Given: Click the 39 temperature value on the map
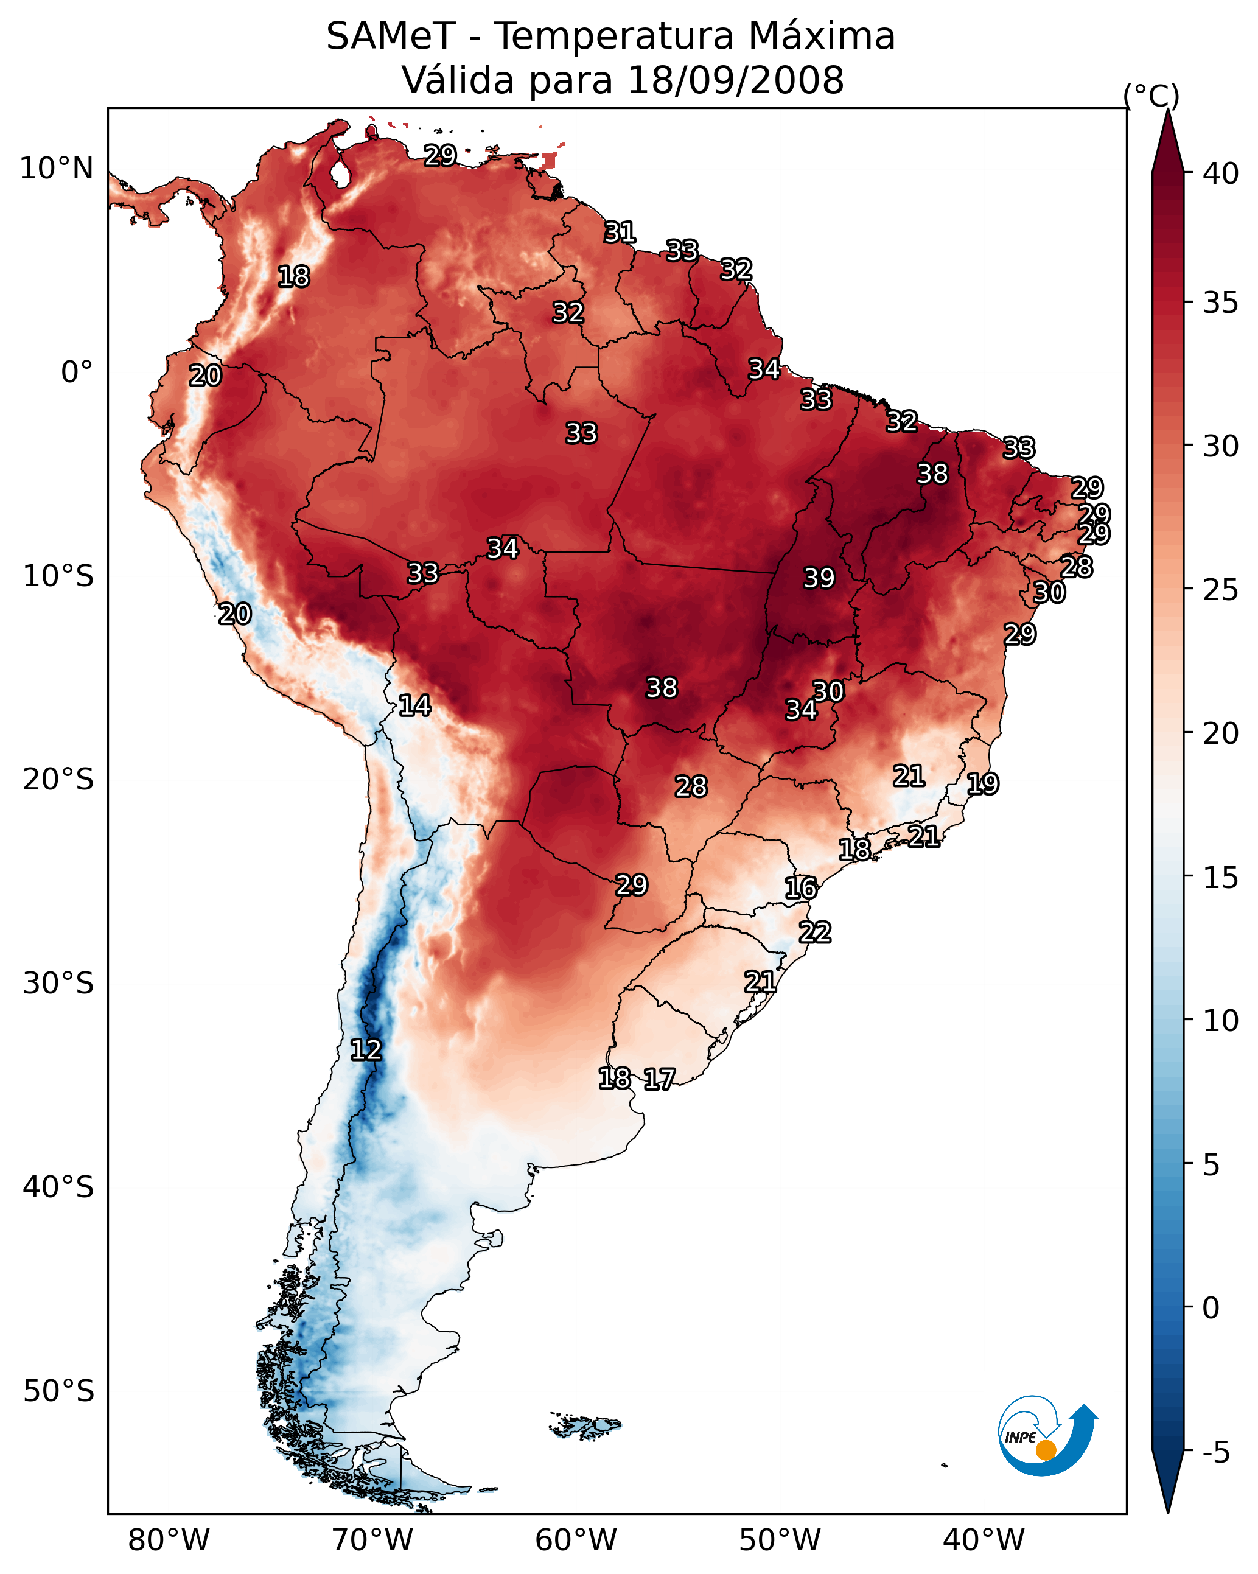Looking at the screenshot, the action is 819,578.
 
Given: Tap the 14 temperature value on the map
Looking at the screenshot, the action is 414,705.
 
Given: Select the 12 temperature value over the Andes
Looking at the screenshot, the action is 366,1050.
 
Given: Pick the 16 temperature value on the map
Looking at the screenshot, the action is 801,888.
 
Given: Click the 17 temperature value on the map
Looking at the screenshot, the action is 659,1079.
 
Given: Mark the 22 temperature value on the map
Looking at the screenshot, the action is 815,932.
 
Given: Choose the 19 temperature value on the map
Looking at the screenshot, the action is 983,784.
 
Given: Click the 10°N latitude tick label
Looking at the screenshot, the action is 56,169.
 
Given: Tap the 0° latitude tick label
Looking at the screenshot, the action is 77,373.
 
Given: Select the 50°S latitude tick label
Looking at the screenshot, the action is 58,1391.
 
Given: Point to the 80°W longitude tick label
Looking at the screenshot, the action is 169,1540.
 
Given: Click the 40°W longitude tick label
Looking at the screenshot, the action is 984,1540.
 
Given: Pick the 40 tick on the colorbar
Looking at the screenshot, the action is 1221,173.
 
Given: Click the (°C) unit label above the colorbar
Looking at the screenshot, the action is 1151,96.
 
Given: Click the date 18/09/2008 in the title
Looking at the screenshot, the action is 736,80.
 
